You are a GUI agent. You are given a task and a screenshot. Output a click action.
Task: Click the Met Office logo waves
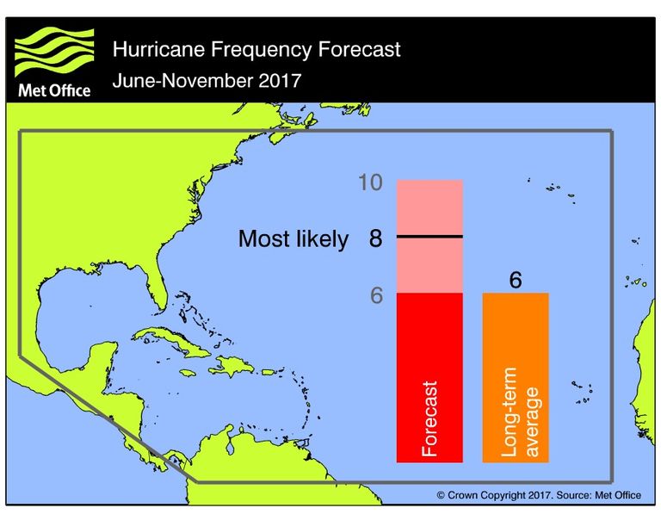pos(53,53)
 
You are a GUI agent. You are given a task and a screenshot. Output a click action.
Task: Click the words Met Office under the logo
pos(53,90)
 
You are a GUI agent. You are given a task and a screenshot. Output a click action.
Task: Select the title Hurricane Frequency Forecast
pos(256,49)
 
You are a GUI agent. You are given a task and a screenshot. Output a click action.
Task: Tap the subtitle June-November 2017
pos(207,82)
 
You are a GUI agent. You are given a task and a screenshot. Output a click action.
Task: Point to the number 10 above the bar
pos(371,183)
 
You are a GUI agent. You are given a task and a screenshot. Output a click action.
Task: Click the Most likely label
pos(293,239)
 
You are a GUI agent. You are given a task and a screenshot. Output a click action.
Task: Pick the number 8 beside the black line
pos(375,238)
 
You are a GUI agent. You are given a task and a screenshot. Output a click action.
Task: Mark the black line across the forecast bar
pos(429,236)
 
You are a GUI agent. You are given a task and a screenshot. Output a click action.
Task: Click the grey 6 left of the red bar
pos(376,294)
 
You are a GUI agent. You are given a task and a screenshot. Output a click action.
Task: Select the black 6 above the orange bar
pos(516,280)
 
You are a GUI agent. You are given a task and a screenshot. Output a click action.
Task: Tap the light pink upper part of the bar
pos(429,207)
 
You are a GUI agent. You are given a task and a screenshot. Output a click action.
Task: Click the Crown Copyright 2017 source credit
pos(538,495)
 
